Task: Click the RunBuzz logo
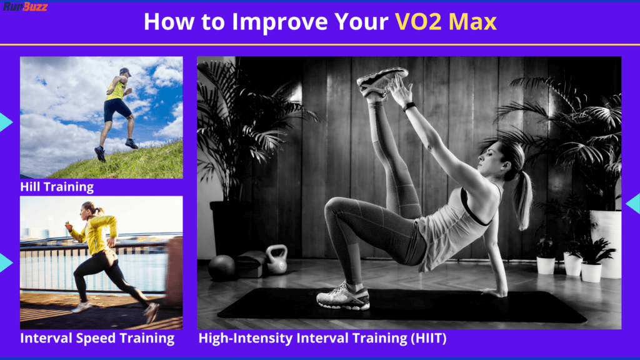point(25,7)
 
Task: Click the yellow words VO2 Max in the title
point(446,22)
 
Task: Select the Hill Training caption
point(57,187)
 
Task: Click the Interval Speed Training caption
point(97,339)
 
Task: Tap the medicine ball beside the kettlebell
point(222,267)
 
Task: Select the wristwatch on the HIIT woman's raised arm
point(409,106)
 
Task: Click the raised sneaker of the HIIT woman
point(381,81)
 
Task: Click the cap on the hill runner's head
point(125,72)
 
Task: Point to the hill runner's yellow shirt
point(115,90)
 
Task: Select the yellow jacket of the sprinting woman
point(96,234)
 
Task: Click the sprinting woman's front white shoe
point(81,307)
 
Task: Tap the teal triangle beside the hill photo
point(5,122)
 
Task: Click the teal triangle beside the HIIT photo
point(634,204)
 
